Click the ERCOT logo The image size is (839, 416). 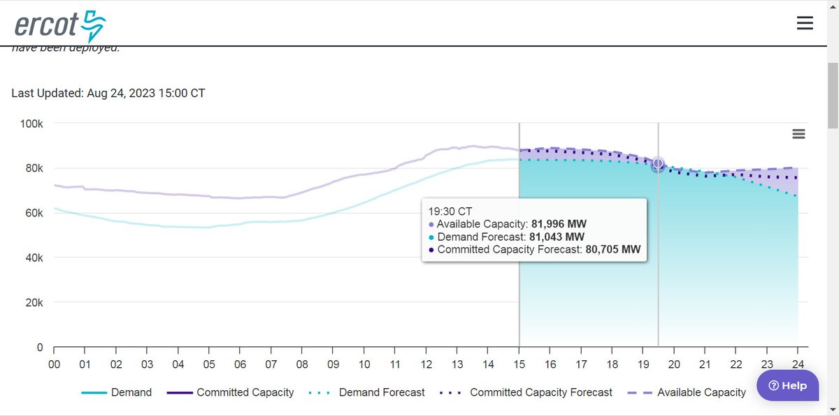click(x=59, y=26)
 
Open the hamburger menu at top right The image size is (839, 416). click(x=805, y=23)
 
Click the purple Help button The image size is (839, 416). click(x=787, y=385)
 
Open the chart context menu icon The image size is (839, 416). click(x=798, y=134)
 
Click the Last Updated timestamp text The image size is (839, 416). click(x=108, y=93)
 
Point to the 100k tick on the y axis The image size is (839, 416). click(x=31, y=124)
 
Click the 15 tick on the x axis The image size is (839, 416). click(x=519, y=364)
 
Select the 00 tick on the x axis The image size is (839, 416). click(x=54, y=364)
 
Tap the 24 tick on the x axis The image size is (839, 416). click(x=797, y=364)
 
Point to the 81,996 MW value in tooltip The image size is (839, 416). click(x=558, y=224)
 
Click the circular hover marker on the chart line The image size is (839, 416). click(x=658, y=165)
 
